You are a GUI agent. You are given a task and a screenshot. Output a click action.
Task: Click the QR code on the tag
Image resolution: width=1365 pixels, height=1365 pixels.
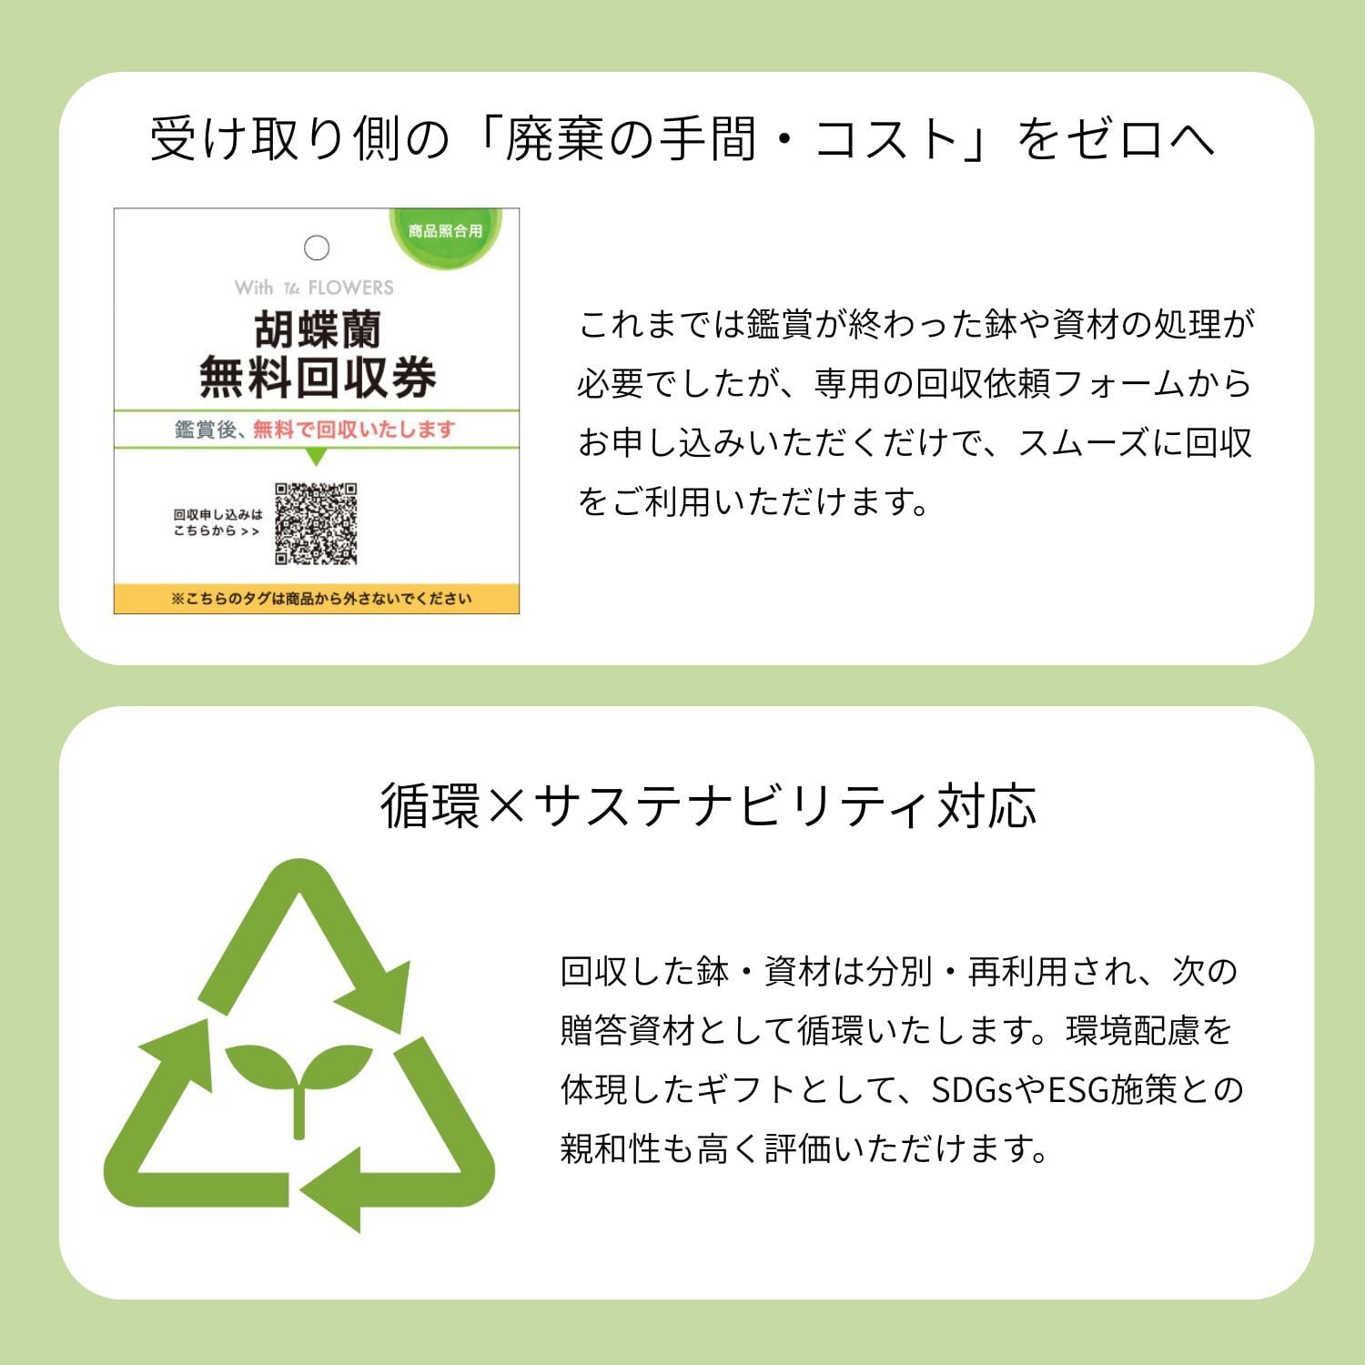pyautogui.click(x=316, y=523)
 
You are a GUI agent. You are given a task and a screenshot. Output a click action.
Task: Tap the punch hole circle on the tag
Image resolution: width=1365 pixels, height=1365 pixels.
pyautogui.click(x=317, y=248)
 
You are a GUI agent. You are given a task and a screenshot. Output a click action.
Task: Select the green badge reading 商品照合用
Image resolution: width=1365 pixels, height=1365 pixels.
pyautogui.click(x=445, y=232)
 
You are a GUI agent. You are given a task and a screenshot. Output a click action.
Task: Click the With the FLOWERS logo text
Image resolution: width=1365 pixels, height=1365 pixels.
pyautogui.click(x=314, y=288)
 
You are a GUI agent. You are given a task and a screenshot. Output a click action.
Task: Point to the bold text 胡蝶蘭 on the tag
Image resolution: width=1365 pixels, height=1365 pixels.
pyautogui.click(x=317, y=329)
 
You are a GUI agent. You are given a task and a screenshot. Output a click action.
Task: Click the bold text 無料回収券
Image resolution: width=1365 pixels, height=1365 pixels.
pyautogui.click(x=317, y=377)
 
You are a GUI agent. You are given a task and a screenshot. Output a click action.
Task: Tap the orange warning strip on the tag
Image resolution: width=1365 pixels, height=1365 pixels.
pyautogui.click(x=317, y=599)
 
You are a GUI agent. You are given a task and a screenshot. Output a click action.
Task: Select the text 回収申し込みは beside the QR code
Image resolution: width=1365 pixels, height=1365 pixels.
pyautogui.click(x=217, y=515)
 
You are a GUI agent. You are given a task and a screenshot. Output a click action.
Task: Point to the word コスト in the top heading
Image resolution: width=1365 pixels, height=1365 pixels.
pyautogui.click(x=885, y=140)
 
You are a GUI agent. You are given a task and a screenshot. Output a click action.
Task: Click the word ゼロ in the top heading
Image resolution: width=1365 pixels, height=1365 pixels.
pyautogui.click(x=1116, y=140)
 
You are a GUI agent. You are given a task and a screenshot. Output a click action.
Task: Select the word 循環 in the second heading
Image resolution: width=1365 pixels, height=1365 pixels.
pyautogui.click(x=430, y=806)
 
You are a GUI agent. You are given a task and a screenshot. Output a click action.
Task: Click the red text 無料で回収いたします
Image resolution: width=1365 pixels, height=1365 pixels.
pyautogui.click(x=354, y=430)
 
